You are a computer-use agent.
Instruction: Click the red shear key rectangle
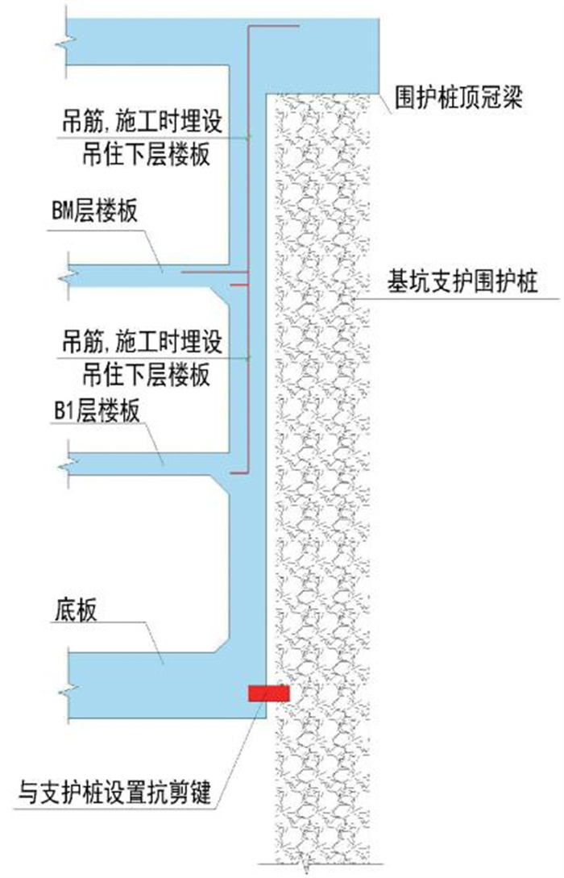(x=269, y=693)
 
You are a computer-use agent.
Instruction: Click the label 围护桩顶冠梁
(x=458, y=98)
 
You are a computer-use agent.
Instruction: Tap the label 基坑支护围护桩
(x=462, y=281)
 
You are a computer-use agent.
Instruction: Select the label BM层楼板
(x=94, y=212)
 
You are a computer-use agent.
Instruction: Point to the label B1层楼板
(x=96, y=411)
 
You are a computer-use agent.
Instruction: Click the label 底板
(x=76, y=610)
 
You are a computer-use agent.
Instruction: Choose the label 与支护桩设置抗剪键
(x=114, y=793)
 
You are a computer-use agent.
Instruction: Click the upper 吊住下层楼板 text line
(x=147, y=153)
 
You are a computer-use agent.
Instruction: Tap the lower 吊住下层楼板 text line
(x=147, y=374)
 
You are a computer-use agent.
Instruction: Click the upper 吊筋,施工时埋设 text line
(x=142, y=122)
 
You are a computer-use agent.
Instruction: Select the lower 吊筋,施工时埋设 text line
(x=142, y=342)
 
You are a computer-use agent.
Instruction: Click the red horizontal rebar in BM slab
(x=216, y=273)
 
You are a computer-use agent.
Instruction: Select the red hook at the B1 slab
(x=241, y=472)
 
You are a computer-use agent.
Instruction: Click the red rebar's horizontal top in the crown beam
(x=274, y=26)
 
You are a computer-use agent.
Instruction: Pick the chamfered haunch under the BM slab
(x=220, y=297)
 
